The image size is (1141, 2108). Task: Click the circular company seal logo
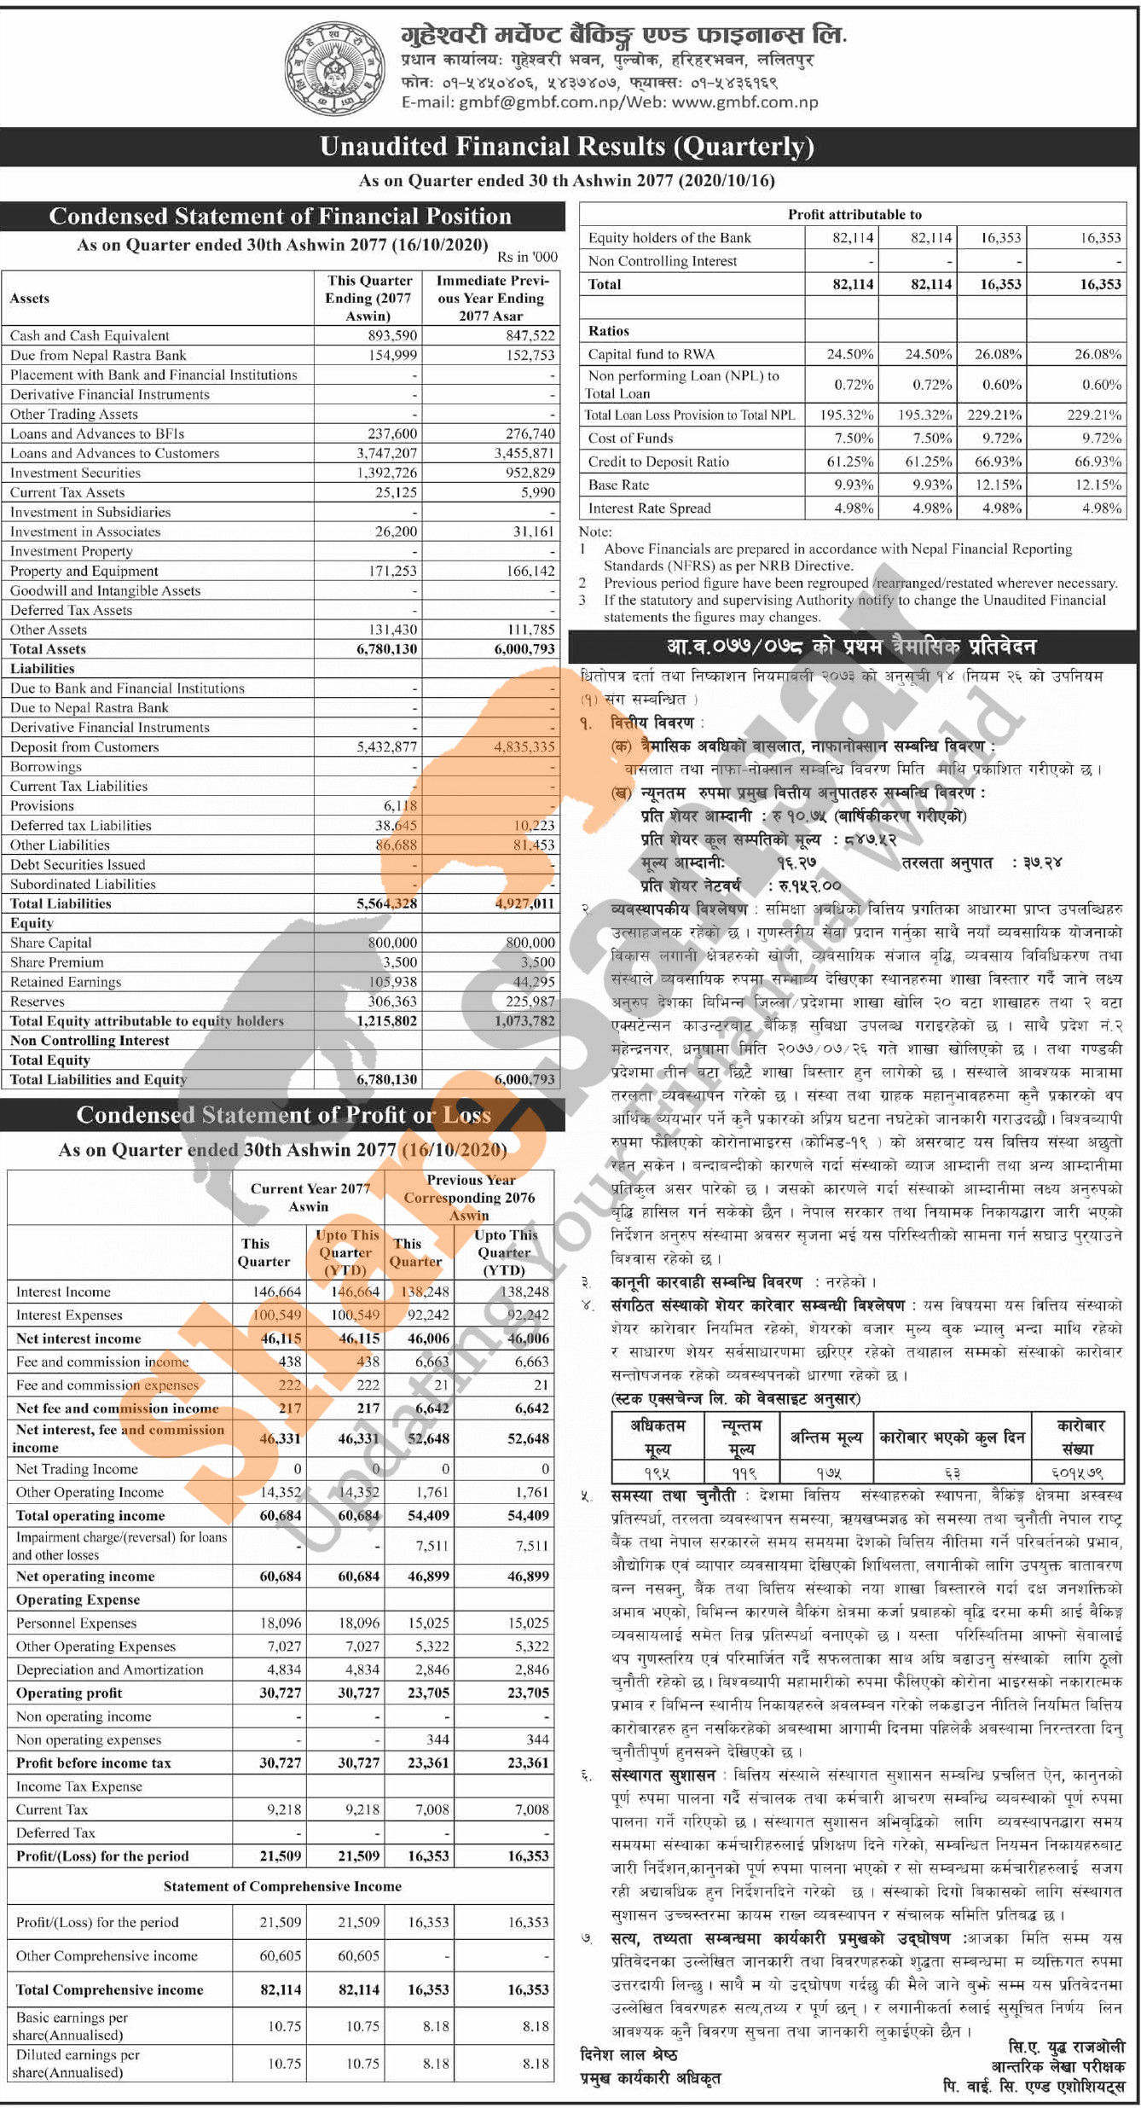point(333,68)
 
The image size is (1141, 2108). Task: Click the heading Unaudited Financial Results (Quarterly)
point(567,147)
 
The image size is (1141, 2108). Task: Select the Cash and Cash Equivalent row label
point(90,335)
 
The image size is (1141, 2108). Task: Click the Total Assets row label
point(48,648)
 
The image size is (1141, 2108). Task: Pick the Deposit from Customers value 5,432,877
point(386,746)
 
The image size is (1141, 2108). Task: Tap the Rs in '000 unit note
point(527,257)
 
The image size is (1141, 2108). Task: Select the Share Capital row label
point(50,943)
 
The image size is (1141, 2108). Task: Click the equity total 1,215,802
point(386,1020)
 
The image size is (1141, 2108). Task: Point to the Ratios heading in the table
point(609,331)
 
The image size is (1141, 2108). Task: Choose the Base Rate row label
point(618,485)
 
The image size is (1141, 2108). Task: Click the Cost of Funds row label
point(630,438)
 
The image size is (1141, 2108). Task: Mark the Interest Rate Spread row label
point(649,508)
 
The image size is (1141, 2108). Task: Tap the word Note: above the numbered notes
point(595,531)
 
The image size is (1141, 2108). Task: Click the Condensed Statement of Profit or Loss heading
point(283,1115)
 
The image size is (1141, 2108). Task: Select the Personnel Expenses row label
point(76,1623)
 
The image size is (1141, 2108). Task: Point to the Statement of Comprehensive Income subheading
point(282,1886)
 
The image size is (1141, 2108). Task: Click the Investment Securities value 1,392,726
point(386,473)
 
